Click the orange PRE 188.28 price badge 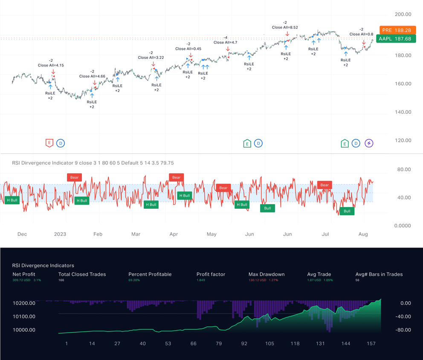[397, 30]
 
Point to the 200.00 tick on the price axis [403, 14]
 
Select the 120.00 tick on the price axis [403, 141]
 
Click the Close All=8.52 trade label [284, 27]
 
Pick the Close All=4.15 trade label [51, 65]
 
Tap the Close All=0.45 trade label [188, 49]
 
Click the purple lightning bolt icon [369, 144]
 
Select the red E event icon [49, 144]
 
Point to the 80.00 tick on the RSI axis [403, 170]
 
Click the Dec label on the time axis [22, 234]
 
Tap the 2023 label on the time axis [60, 234]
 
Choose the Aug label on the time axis [363, 234]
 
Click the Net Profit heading [24, 274]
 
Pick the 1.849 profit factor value [201, 280]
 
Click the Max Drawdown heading [267, 274]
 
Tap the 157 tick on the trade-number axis [371, 343]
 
